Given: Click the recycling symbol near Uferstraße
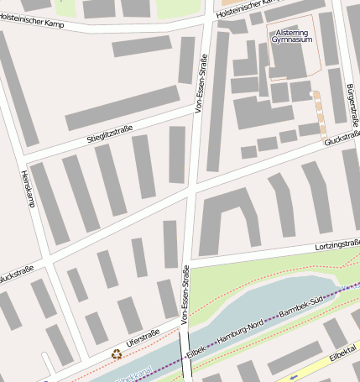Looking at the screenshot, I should click(x=116, y=353).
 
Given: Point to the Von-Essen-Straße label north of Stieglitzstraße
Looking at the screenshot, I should click(x=201, y=84).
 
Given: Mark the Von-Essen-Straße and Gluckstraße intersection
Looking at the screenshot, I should click(x=190, y=189).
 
